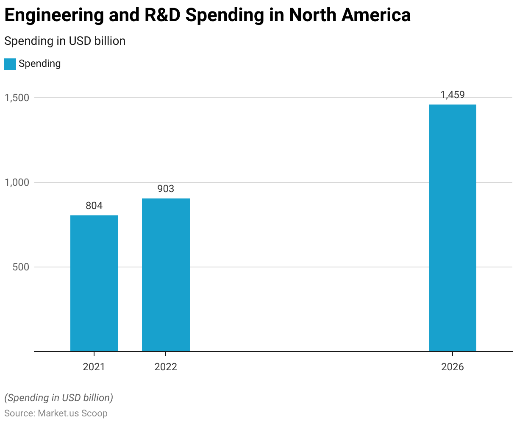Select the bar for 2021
coord(94,284)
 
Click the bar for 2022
coord(166,275)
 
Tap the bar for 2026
coord(453,228)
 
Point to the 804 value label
coord(94,206)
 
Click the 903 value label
coord(166,189)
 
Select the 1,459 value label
coord(453,95)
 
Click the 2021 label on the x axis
coord(94,367)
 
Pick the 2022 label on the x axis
coord(166,367)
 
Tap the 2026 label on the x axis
coord(453,367)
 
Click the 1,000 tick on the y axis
coord(17,182)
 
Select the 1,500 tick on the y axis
coord(17,98)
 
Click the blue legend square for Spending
coord(10,64)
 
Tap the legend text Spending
coord(40,64)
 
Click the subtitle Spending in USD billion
coord(65,41)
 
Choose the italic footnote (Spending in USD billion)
coord(59,398)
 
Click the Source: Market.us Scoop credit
coord(56,413)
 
